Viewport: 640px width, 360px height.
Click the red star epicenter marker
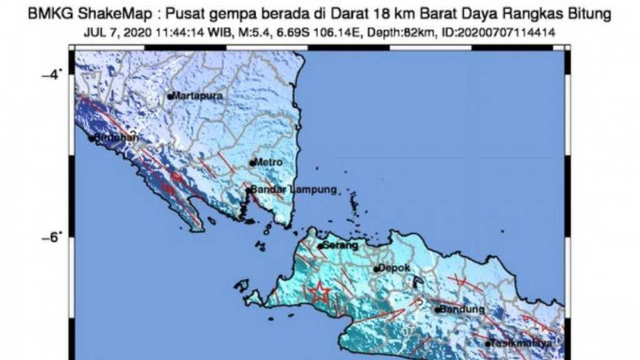319,291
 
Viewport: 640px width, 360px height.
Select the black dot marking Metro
252,163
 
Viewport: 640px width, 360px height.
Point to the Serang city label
340,246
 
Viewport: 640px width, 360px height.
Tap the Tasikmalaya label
522,344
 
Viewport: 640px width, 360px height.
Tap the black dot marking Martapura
170,96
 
